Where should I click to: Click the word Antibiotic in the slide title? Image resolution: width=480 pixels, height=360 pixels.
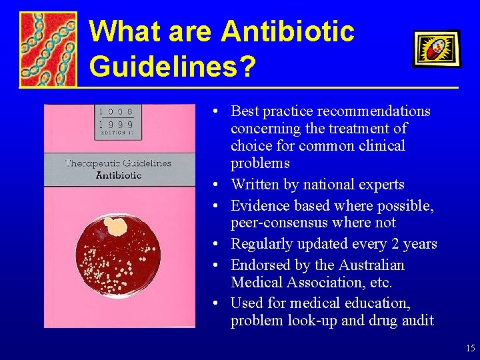288,31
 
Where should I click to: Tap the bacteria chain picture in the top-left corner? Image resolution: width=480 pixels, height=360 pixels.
47,49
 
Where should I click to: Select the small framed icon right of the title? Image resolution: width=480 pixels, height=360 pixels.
436,48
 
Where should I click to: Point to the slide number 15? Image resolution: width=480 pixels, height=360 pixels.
470,348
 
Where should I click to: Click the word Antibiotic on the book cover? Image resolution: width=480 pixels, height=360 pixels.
119,175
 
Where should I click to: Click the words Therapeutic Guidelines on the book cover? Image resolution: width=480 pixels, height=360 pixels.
119,163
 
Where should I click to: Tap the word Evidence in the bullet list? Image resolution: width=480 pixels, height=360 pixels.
260,206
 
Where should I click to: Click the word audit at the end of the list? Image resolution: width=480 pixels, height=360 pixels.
417,321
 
